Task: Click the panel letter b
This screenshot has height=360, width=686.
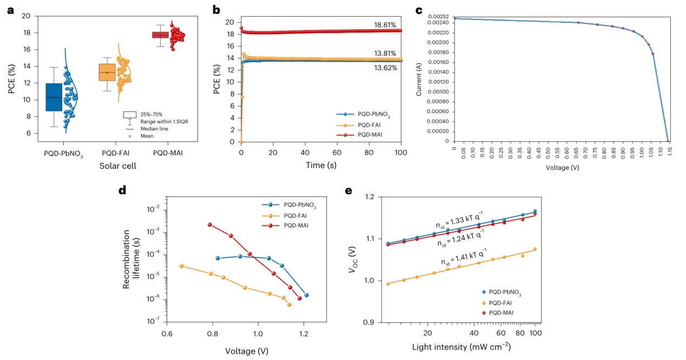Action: click(x=217, y=9)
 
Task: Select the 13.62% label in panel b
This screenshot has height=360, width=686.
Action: click(x=385, y=69)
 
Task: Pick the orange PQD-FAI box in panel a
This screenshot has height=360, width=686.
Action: click(x=107, y=73)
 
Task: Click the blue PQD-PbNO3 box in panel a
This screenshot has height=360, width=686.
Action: click(x=54, y=97)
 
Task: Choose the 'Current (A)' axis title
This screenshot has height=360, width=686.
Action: click(x=419, y=80)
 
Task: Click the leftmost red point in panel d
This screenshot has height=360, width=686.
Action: click(x=210, y=225)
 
